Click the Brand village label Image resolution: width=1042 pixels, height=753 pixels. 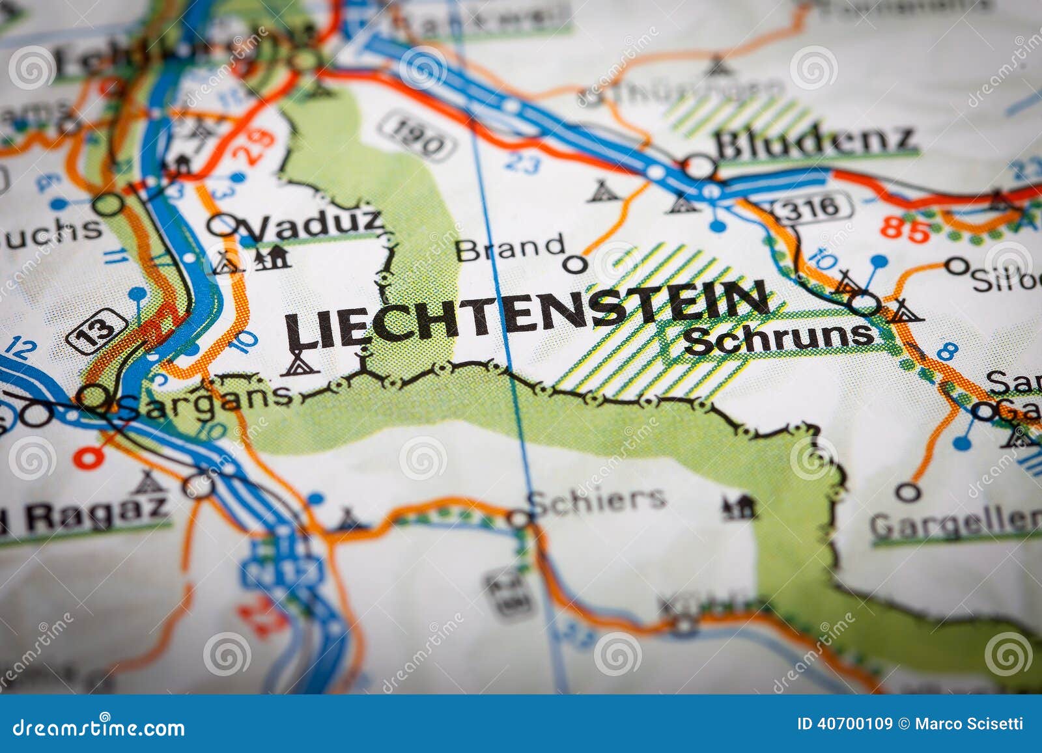coord(510,248)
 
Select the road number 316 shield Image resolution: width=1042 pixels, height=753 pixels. coord(811,208)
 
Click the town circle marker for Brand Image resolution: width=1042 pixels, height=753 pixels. coord(574,264)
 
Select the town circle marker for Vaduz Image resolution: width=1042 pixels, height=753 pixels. coord(222,225)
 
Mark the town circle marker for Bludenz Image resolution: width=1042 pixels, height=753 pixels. coord(699,167)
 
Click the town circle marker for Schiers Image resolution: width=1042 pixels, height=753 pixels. coord(520,519)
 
